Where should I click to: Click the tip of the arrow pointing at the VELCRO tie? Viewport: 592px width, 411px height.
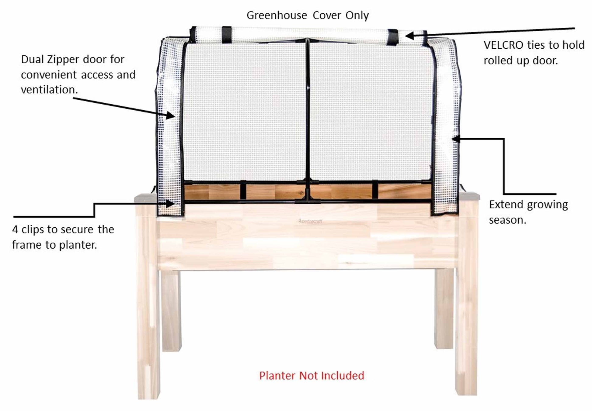tap(406, 36)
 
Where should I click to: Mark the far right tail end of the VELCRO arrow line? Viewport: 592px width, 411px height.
tap(575, 29)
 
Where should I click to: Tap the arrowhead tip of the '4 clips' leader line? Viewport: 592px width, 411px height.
tap(175, 203)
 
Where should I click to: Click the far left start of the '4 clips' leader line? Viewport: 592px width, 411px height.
tap(13, 217)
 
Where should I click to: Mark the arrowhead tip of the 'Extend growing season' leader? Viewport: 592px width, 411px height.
tap(452, 139)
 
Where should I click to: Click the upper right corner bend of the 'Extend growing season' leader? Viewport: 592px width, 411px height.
tap(504, 139)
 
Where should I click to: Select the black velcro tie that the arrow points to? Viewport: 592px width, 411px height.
tap(393, 37)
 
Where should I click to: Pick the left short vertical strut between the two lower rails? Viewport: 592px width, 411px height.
tap(243, 190)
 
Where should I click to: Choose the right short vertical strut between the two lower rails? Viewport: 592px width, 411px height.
tap(375, 189)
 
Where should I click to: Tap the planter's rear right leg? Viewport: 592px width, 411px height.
tap(444, 309)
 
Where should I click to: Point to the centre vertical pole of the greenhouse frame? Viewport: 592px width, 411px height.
tap(307, 119)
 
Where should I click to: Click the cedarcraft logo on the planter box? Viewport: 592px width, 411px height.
tap(310, 221)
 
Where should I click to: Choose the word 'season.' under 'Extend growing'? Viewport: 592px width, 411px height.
tap(507, 220)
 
